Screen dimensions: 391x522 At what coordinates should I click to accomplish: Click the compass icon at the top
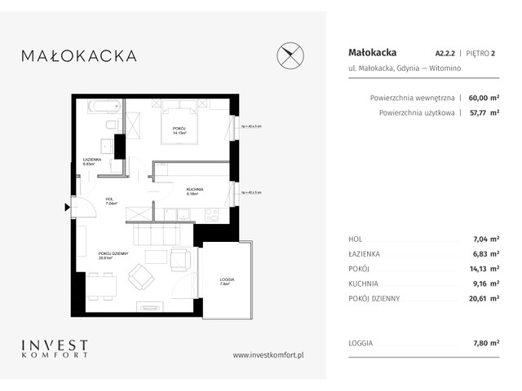pyautogui.click(x=292, y=55)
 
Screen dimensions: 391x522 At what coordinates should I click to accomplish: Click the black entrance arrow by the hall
pyautogui.click(x=69, y=206)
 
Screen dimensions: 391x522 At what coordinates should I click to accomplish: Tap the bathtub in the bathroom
pyautogui.click(x=104, y=107)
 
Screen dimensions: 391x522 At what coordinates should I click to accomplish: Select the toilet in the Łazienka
pyautogui.click(x=112, y=126)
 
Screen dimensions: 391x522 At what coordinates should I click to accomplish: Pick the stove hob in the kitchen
pyautogui.click(x=210, y=213)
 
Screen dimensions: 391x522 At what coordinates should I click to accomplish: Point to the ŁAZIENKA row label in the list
pyautogui.click(x=365, y=254)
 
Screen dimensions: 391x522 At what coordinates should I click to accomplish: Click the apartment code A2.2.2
pyautogui.click(x=448, y=53)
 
